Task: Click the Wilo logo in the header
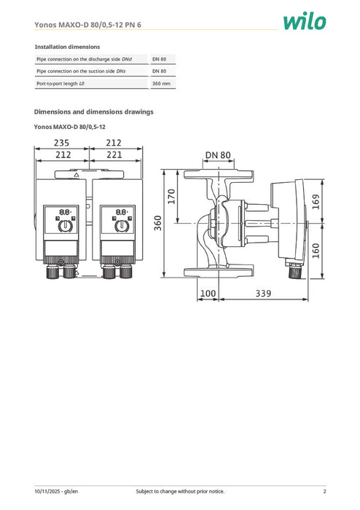(306, 21)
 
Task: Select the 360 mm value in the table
(161, 84)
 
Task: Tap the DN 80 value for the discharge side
(160, 58)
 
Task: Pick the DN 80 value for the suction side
(160, 71)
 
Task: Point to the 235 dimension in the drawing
(62, 144)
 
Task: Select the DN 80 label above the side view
(217, 154)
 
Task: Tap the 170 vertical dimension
(173, 197)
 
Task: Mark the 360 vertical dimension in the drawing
(158, 224)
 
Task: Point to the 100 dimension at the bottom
(208, 293)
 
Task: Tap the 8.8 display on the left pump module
(65, 212)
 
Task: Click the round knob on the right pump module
(122, 225)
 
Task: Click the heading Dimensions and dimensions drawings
(94, 112)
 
